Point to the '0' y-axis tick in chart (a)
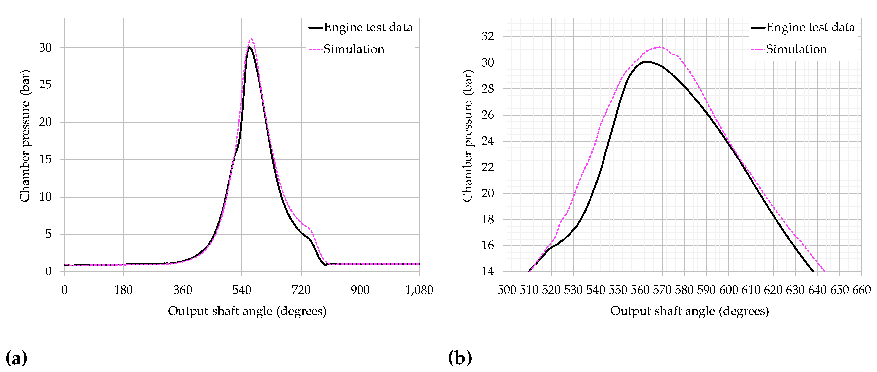click(48, 271)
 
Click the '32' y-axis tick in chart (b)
click(488, 36)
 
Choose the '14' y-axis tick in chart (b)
click(488, 271)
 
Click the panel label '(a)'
click(16, 358)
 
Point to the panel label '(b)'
click(460, 358)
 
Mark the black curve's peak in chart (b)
click(646, 62)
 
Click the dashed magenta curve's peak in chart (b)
click(660, 47)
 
